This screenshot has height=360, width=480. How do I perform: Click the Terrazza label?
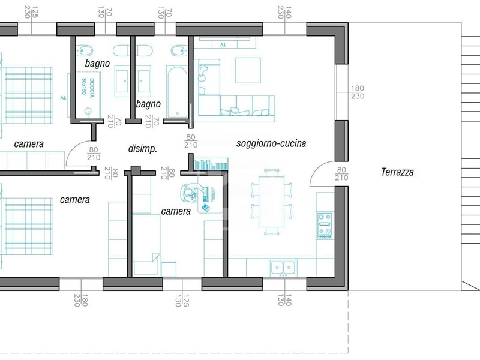pos(397,172)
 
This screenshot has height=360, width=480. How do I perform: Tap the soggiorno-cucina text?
pos(271,143)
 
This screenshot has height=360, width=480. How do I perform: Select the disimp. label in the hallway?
pos(143,149)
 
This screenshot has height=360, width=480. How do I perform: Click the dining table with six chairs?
pos(272,202)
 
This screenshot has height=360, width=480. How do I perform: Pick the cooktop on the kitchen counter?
pos(325,226)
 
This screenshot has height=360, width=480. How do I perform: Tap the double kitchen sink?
pos(283,268)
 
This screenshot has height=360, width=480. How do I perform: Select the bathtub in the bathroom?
pos(177,92)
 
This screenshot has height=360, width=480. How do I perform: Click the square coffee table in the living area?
pos(248,70)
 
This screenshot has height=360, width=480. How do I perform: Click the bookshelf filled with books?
pos(211,164)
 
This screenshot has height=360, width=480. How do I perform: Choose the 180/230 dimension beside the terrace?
pos(357,92)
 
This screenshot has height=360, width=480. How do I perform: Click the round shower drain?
pos(88,111)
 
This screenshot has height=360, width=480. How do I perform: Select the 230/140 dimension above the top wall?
pos(284,12)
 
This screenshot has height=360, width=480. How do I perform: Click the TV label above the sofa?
pos(223,45)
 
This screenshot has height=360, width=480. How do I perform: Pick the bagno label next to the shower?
pos(97,64)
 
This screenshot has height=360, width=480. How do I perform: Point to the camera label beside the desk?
pos(176,211)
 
